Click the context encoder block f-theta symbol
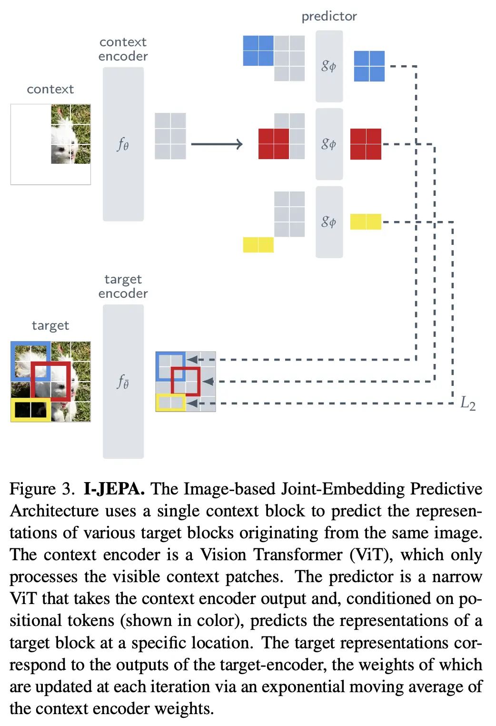(123, 144)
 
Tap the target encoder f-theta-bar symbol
(123, 382)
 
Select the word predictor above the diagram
(329, 17)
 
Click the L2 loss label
(467, 403)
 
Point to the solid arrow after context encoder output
(217, 144)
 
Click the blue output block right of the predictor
(369, 66)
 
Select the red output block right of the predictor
(366, 144)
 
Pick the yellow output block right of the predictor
(366, 222)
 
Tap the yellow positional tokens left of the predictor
(258, 245)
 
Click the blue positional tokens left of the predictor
(258, 50)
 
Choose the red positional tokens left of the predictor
(273, 144)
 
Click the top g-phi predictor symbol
(329, 66)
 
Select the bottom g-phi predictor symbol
(329, 222)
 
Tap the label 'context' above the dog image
(50, 90)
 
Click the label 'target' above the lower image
(50, 326)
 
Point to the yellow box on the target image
(31, 410)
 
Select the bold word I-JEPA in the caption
(114, 489)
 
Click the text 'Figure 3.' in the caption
(42, 489)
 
